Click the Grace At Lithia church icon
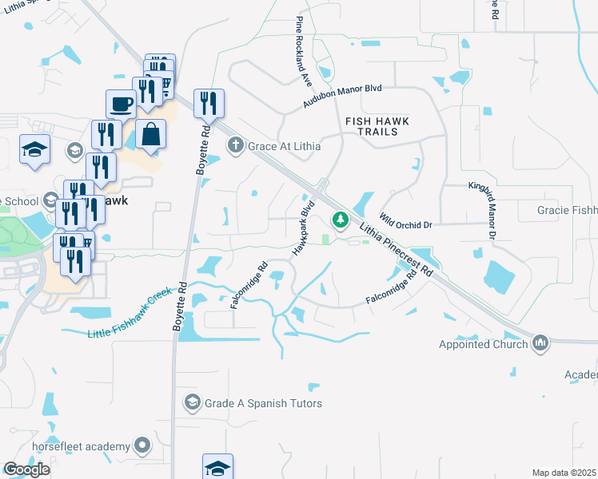pyautogui.click(x=235, y=146)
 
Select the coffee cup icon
pyautogui.click(x=122, y=104)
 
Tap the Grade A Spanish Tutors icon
pyautogui.click(x=191, y=402)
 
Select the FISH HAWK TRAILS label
pyautogui.click(x=377, y=126)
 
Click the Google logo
pyautogui.click(x=26, y=469)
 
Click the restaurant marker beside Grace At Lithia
pyautogui.click(x=209, y=104)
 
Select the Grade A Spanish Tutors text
pyautogui.click(x=263, y=403)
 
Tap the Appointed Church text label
pyautogui.click(x=484, y=344)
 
